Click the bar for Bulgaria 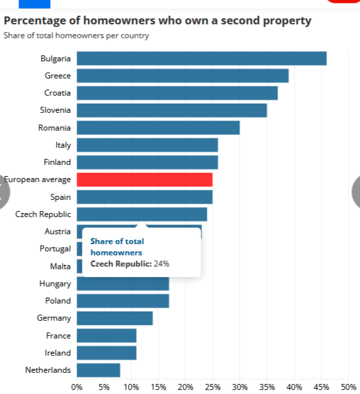201,58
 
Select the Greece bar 182,75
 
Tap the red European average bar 145,180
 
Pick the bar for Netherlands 98,370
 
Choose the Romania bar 158,127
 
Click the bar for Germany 115,318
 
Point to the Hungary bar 123,284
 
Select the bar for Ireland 106,352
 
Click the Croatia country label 57,93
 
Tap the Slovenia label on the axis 55,110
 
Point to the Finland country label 57,162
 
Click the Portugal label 55,249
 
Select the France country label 59,335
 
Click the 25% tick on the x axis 213,387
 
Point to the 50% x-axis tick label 348,387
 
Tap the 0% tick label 77,387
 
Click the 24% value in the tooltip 161,264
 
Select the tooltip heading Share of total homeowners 117,247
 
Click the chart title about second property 157,20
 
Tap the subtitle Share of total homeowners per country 76,35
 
